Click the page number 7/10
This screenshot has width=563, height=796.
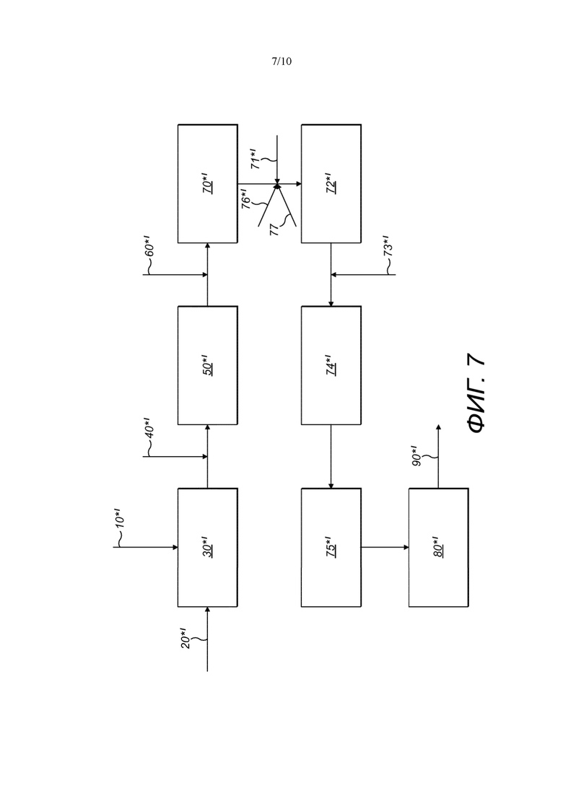pyautogui.click(x=281, y=61)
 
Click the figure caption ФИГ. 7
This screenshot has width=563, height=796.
pyautogui.click(x=476, y=393)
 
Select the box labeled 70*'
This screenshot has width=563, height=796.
pyautogui.click(x=208, y=184)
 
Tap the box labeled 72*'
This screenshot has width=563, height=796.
pyautogui.click(x=331, y=184)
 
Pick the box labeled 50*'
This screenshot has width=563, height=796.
pyautogui.click(x=208, y=365)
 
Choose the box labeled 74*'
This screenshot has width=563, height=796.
pyautogui.click(x=331, y=365)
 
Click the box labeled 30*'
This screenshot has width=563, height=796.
pyautogui.click(x=208, y=547)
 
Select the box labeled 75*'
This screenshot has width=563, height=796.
pyautogui.click(x=331, y=547)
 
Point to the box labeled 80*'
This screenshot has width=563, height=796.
pyautogui.click(x=439, y=547)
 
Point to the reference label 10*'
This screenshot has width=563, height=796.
pyautogui.click(x=120, y=518)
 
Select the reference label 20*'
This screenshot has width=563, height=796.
pyautogui.click(x=186, y=638)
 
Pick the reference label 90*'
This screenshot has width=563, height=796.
pyautogui.click(x=416, y=455)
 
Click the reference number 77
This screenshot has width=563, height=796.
pyautogui.click(x=274, y=230)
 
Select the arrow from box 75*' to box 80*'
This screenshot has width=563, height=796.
pyautogui.click(x=385, y=547)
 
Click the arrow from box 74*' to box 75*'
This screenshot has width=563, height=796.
pyautogui.click(x=331, y=457)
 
